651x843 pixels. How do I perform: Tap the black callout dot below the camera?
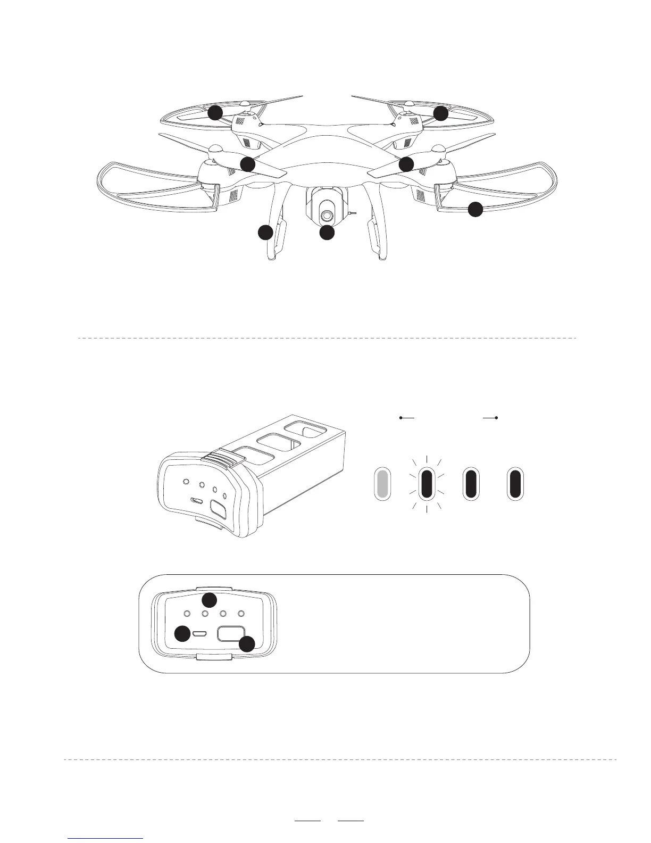(x=327, y=233)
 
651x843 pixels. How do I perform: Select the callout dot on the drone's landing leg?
(x=265, y=233)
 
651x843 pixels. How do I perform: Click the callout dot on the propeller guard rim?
(x=475, y=210)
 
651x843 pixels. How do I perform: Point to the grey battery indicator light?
(x=382, y=484)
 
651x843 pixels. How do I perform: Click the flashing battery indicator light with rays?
(x=427, y=484)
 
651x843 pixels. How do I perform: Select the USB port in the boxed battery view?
(x=200, y=634)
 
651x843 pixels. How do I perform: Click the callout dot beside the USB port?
(x=183, y=633)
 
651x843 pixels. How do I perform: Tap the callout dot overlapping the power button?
(x=246, y=644)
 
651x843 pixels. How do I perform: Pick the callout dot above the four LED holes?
(x=210, y=600)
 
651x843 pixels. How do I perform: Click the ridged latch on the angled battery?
(x=219, y=458)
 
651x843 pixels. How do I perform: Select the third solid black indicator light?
(x=471, y=484)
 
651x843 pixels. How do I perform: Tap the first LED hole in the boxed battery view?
(x=188, y=614)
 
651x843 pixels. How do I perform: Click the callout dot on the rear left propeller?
(x=215, y=112)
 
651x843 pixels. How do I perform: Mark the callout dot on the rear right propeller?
(x=440, y=113)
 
